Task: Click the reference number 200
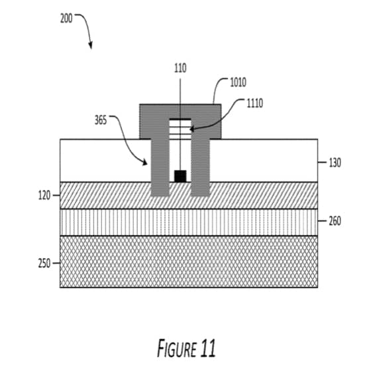[66, 19]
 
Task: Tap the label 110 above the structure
[180, 68]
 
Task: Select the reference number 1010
[238, 82]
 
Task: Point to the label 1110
[255, 104]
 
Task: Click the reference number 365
[101, 120]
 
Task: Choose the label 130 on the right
[335, 163]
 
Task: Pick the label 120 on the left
[44, 196]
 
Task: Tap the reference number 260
[335, 221]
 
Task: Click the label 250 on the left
[44, 263]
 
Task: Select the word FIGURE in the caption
[177, 348]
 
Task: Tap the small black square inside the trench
[180, 177]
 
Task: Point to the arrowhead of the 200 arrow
[91, 46]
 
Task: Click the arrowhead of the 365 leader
[145, 163]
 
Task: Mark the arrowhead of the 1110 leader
[191, 129]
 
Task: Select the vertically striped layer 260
[189, 222]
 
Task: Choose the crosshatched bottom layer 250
[189, 262]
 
